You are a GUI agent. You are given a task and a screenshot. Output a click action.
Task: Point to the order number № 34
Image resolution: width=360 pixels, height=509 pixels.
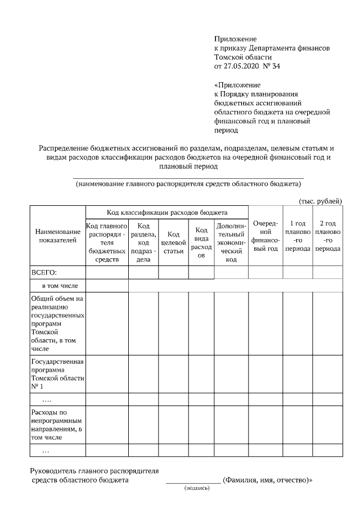(x=272, y=66)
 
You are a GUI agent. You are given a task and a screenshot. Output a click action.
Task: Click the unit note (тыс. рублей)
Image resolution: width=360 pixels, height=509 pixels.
(x=319, y=201)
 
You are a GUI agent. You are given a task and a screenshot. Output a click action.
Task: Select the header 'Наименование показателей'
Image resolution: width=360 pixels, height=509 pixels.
(x=57, y=236)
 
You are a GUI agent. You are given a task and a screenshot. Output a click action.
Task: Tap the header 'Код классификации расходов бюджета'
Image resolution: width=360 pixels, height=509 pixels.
(x=167, y=213)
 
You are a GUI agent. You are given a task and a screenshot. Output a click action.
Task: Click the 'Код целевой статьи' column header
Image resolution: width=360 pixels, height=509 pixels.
(x=173, y=243)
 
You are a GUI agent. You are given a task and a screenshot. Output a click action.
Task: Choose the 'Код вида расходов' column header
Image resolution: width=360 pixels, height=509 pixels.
(x=201, y=242)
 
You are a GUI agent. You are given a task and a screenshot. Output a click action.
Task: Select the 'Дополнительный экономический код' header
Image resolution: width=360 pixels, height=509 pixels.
(x=231, y=243)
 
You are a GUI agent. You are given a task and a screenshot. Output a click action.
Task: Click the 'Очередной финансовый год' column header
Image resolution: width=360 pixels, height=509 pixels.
(x=265, y=236)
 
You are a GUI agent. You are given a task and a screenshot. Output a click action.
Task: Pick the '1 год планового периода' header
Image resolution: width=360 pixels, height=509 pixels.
(x=298, y=236)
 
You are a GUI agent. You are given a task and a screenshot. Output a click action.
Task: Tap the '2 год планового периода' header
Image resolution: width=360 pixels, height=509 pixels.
(x=327, y=236)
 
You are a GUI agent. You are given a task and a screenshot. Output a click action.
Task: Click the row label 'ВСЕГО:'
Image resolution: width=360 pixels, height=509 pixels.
(x=43, y=273)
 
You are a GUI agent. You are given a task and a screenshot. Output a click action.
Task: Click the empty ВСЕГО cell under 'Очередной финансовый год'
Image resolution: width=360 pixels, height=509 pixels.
(x=265, y=273)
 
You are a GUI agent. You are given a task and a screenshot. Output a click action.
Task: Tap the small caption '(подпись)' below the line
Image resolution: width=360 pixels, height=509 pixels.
(x=196, y=488)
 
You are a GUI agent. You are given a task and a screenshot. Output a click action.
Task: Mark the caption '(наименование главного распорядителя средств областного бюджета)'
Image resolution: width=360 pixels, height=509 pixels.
(x=188, y=184)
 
